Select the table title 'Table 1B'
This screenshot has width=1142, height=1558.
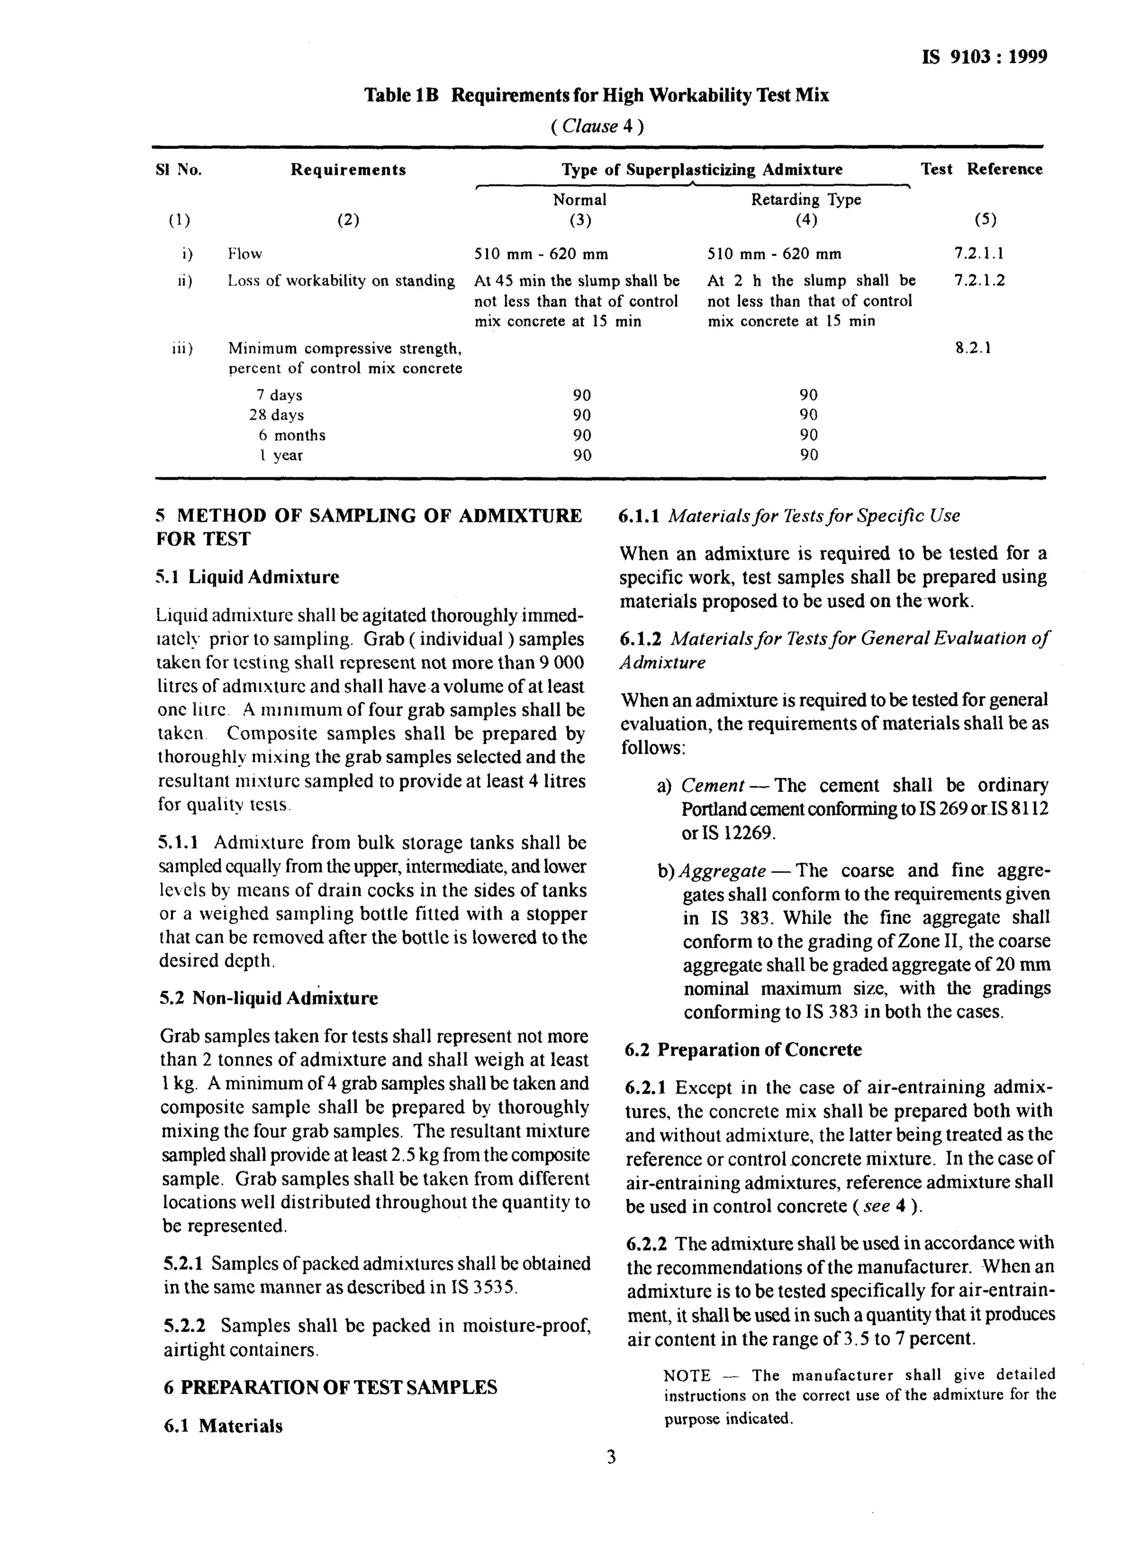coord(401,95)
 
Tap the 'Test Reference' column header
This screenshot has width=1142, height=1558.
coord(981,170)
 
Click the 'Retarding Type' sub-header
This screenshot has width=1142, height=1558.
coord(806,200)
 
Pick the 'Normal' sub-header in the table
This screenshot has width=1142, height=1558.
coord(579,200)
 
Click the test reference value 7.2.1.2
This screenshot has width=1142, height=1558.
coord(979,280)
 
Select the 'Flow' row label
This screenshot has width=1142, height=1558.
coord(245,254)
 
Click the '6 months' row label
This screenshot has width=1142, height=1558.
coord(291,436)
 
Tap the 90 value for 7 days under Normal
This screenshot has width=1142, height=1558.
coord(582,395)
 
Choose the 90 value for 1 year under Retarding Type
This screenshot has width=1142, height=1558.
coord(808,455)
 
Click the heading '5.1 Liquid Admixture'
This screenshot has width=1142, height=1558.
coord(248,577)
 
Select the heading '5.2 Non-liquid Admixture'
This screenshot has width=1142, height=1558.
coord(269,998)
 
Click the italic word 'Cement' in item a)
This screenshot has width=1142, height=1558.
coord(712,786)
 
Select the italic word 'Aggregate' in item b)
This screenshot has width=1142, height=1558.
coord(723,871)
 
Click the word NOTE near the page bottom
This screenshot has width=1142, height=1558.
coord(686,1376)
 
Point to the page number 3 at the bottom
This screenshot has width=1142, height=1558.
coord(611,1457)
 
